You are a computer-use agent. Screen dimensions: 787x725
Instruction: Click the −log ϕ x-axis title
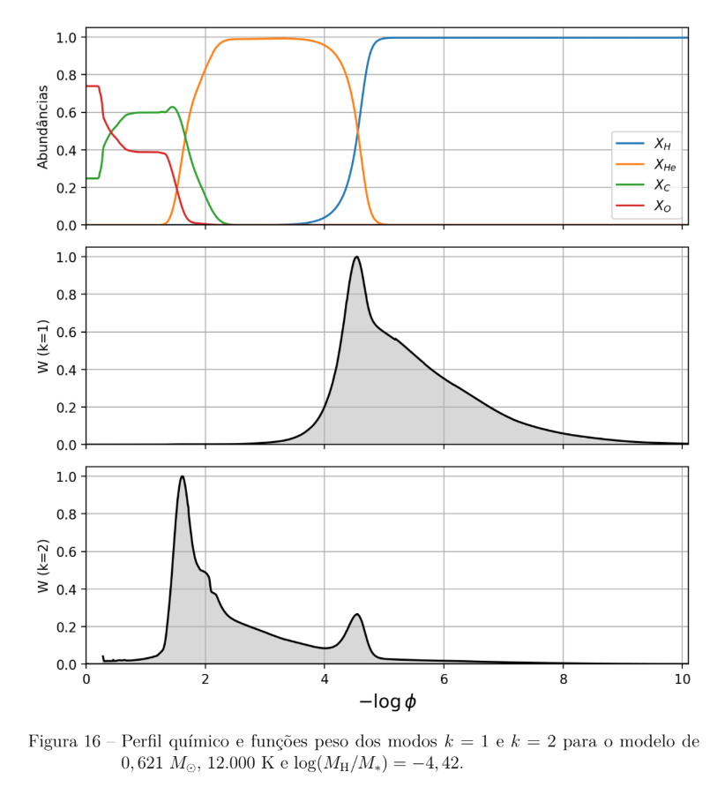[x=386, y=701]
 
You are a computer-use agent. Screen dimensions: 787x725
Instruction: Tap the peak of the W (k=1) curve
[x=356, y=257]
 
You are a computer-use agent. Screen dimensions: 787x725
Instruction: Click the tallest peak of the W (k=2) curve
[x=182, y=476]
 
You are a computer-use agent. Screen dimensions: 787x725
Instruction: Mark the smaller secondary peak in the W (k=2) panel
[x=357, y=614]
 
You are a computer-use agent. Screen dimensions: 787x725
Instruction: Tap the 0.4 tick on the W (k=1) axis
[x=66, y=370]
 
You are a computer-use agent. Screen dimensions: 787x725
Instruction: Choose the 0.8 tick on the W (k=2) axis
[x=66, y=514]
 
